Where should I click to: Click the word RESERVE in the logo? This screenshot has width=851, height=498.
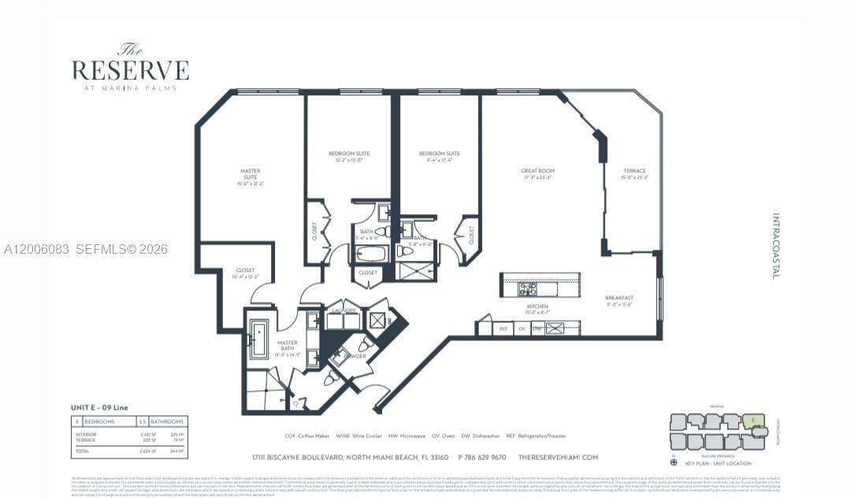click(130, 70)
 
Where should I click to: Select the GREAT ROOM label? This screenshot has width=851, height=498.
click(537, 173)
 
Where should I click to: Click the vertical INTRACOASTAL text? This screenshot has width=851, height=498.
click(775, 246)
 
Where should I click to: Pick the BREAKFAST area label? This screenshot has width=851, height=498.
click(619, 300)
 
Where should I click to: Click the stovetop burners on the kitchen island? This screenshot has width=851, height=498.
click(527, 288)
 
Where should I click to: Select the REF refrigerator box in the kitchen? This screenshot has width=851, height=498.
click(504, 329)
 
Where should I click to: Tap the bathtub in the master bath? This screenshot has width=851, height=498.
click(258, 340)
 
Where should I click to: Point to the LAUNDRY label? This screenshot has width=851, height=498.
click(344, 310)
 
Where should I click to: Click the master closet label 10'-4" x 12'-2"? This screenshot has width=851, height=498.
click(245, 274)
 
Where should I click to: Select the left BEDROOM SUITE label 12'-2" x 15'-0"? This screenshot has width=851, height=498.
click(349, 156)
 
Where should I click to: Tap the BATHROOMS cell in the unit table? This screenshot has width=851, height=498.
click(168, 422)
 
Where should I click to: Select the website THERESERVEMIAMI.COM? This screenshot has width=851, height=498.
click(558, 457)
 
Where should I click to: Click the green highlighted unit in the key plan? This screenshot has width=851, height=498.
click(753, 420)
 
